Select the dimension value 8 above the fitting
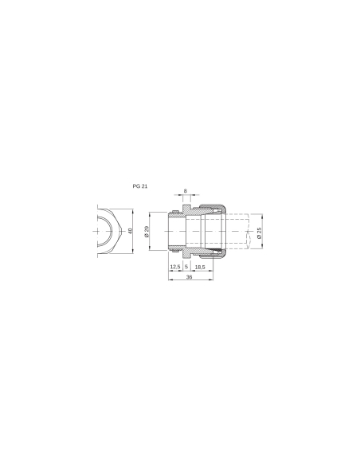coord(186,191)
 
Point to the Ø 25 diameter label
coord(259,232)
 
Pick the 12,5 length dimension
coord(175,268)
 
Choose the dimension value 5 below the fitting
coord(186,268)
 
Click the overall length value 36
coord(189,278)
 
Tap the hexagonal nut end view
coord(107,232)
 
